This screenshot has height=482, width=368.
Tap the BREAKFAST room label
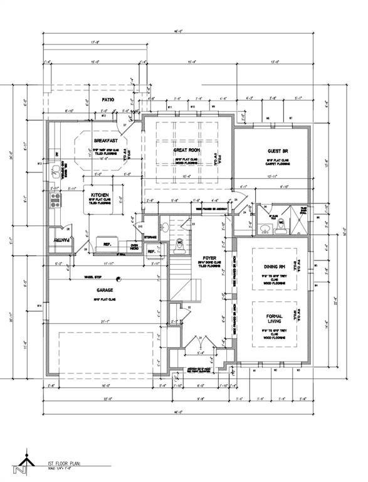pos(105,141)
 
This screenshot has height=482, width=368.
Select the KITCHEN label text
pos(101,195)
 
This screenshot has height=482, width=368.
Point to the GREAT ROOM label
pos(186,151)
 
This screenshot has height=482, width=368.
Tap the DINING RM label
pos(275,267)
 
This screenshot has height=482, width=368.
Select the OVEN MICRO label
pos(134,246)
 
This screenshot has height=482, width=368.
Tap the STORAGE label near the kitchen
pos(150,237)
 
